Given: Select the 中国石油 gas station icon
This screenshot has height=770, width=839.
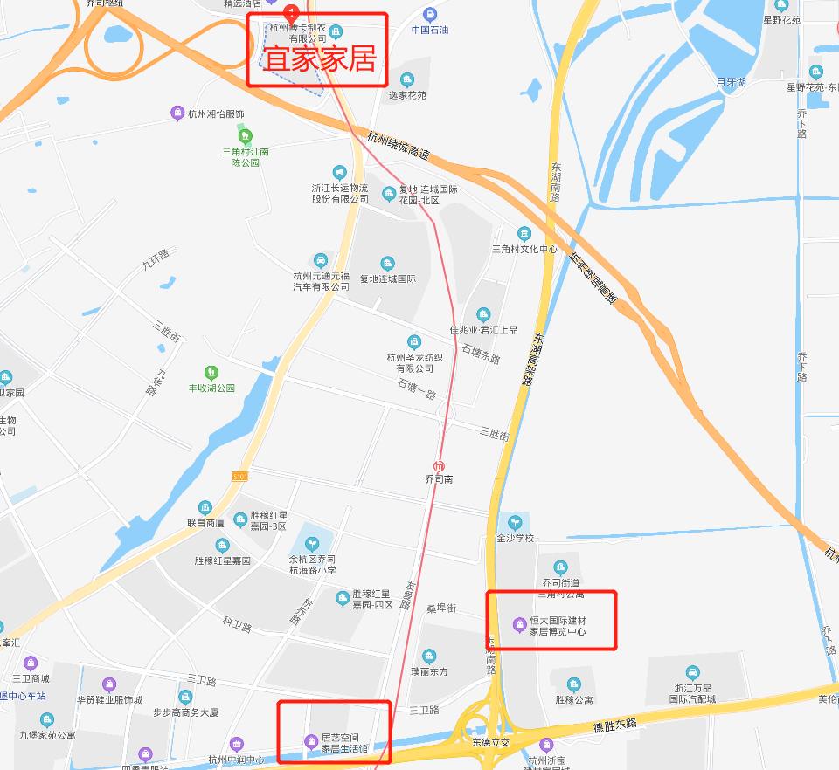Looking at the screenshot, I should click(x=430, y=14).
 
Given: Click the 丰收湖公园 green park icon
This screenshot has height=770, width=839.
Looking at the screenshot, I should click(x=211, y=373).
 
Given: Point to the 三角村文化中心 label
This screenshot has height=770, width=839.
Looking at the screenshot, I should click(x=524, y=249).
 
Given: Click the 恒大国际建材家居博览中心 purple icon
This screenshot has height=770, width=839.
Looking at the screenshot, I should click(x=519, y=623).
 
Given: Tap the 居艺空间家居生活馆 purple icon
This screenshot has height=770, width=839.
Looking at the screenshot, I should click(x=310, y=742).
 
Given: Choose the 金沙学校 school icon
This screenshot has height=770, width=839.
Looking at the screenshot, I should click(x=515, y=522).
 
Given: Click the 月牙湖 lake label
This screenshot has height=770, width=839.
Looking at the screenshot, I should click(x=731, y=82).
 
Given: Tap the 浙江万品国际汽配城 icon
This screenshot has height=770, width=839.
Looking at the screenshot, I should click(x=692, y=672).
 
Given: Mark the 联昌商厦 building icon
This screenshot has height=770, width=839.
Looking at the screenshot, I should click(x=205, y=507).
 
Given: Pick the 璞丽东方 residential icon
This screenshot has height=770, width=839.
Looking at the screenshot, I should click(x=429, y=657).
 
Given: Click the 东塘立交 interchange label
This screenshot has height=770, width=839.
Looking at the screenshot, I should click(x=490, y=742).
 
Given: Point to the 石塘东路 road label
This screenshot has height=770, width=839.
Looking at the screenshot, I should click(x=480, y=358).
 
